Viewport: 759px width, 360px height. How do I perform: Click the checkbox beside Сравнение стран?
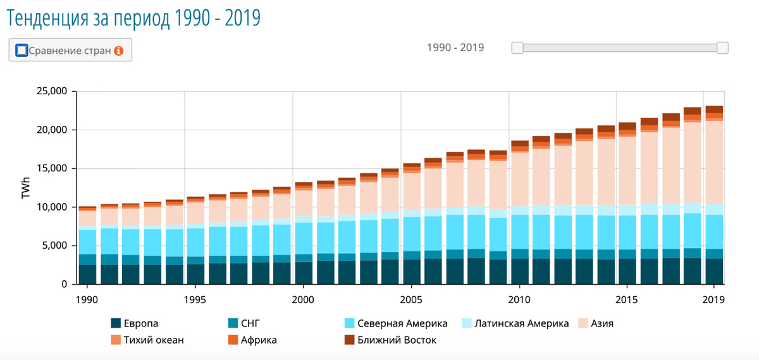tap(22, 50)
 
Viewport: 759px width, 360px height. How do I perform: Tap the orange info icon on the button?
tap(118, 50)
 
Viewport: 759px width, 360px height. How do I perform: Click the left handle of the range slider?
tap(517, 48)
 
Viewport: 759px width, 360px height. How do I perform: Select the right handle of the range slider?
tap(722, 48)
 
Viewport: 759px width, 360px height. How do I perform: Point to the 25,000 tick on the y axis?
tap(49, 91)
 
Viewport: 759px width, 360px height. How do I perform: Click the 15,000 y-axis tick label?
tap(49, 168)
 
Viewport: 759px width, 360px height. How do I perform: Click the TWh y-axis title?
tap(26, 188)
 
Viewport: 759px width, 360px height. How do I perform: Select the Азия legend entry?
tap(602, 323)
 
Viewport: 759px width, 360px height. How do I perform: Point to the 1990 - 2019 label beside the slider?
tap(455, 47)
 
